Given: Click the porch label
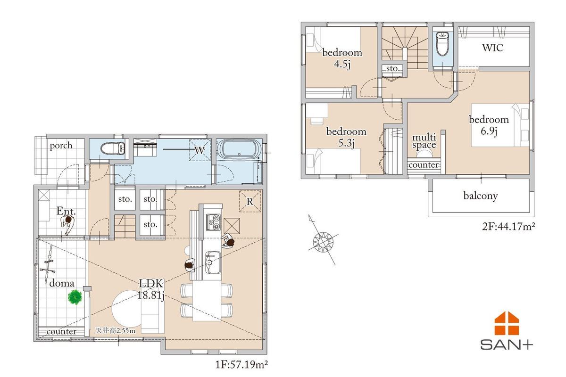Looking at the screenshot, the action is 61,146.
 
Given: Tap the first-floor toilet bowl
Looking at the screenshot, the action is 112,148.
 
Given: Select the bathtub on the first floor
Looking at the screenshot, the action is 239,149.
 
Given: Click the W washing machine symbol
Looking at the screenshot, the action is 200,150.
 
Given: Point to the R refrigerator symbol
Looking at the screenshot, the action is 250,201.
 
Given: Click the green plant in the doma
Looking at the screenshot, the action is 75,297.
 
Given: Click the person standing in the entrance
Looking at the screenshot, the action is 67,224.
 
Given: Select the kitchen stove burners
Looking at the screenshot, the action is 213,222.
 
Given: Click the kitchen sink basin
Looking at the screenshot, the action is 213,262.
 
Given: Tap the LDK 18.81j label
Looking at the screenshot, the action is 151,289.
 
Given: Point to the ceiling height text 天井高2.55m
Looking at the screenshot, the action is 115,330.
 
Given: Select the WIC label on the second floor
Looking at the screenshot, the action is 492,48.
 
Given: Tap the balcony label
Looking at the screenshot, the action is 481,196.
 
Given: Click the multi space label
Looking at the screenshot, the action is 424,141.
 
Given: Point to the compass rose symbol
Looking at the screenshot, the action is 323,242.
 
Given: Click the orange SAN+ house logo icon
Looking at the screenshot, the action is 507,323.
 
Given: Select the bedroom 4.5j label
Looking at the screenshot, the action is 342,58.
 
